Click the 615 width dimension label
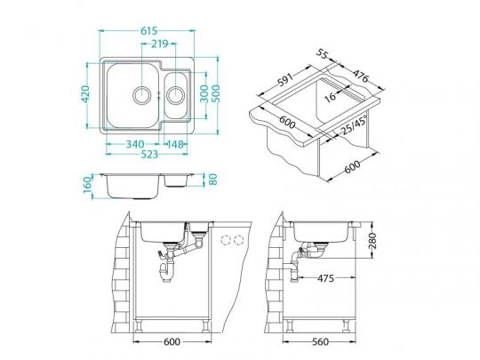(x=148, y=30)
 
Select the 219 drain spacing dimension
(x=160, y=44)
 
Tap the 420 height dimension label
(x=85, y=94)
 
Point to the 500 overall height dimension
(x=216, y=93)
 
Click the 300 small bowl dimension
(x=204, y=93)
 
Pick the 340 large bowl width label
(x=135, y=144)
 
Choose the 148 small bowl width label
(x=175, y=144)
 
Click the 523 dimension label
(x=149, y=154)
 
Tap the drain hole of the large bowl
(x=141, y=94)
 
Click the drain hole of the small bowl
(x=175, y=94)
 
